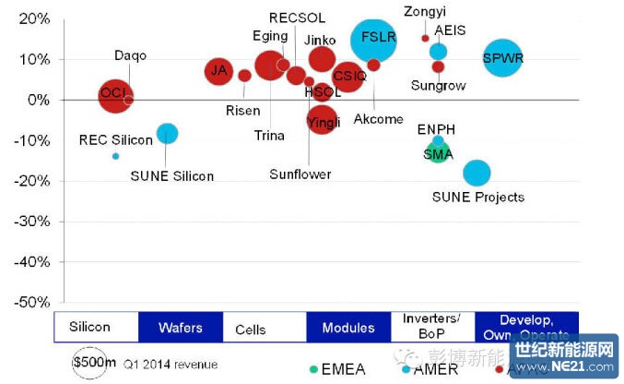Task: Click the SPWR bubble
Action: (502, 59)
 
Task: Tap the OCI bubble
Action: (114, 93)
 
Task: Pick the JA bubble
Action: (218, 70)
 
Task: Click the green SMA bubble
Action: (437, 153)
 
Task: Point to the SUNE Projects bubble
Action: (477, 173)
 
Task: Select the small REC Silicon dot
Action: (115, 156)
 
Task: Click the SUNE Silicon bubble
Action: (167, 133)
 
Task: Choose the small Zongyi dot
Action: (425, 38)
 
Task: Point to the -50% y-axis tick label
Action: (28, 302)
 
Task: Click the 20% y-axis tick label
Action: (31, 18)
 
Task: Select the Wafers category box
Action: (180, 328)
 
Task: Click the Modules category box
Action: (348, 328)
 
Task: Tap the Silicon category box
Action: (89, 328)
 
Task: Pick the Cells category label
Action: (251, 329)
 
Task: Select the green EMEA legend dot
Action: (314, 368)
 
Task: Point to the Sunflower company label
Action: (300, 174)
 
